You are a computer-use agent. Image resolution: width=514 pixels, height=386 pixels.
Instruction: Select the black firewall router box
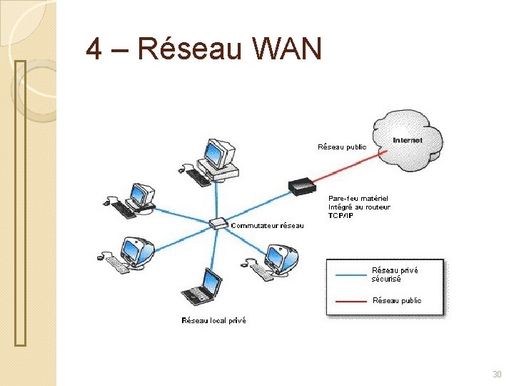pos(302,187)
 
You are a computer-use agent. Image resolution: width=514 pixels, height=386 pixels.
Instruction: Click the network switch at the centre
pos(220,224)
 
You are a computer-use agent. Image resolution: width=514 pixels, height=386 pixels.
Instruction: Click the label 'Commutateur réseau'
pos(266,226)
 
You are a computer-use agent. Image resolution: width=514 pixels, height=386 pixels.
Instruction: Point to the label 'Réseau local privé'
pos(213,321)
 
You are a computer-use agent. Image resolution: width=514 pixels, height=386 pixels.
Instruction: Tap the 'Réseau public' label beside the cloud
pos(342,147)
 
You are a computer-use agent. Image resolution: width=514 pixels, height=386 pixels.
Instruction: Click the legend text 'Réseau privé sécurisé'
pos(395,274)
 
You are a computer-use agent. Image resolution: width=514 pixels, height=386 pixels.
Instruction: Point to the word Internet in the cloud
pos(408,140)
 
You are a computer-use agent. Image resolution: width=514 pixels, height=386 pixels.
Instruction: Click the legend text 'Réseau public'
pos(397,301)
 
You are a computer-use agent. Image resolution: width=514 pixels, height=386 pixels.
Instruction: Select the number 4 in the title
pos(93,49)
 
